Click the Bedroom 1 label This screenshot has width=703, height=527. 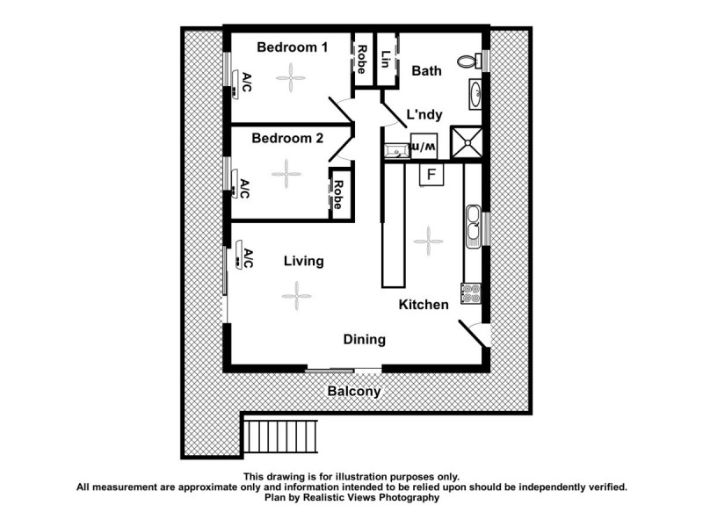(x=292, y=48)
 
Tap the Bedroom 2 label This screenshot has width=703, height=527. (x=287, y=138)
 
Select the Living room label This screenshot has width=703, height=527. (x=303, y=261)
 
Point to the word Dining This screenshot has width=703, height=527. (x=364, y=339)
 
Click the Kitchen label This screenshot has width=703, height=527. (x=424, y=304)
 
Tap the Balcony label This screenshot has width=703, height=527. (x=354, y=392)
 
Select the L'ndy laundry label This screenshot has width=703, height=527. (x=424, y=114)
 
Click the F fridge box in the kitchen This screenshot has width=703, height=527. (x=431, y=175)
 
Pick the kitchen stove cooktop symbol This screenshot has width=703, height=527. (x=470, y=291)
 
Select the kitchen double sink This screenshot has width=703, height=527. (x=473, y=225)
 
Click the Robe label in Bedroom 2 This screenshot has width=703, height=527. (x=337, y=193)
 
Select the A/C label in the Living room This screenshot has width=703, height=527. (x=248, y=259)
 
